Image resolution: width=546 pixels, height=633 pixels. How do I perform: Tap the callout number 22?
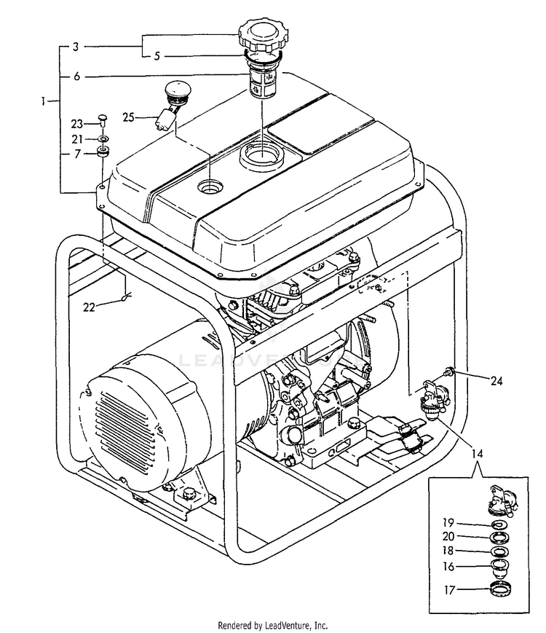tap(89, 307)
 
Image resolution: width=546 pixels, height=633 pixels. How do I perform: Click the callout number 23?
tap(78, 124)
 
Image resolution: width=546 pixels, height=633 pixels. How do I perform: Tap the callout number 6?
tap(76, 75)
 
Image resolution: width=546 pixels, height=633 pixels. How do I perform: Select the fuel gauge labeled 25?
tap(173, 103)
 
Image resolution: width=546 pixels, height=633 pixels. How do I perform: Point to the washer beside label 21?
tap(103, 138)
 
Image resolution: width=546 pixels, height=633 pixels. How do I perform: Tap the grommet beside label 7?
tap(103, 153)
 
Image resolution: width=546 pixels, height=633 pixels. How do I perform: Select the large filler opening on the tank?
tap(260, 156)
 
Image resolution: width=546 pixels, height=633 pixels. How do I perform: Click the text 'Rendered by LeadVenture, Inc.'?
tap(273, 625)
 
